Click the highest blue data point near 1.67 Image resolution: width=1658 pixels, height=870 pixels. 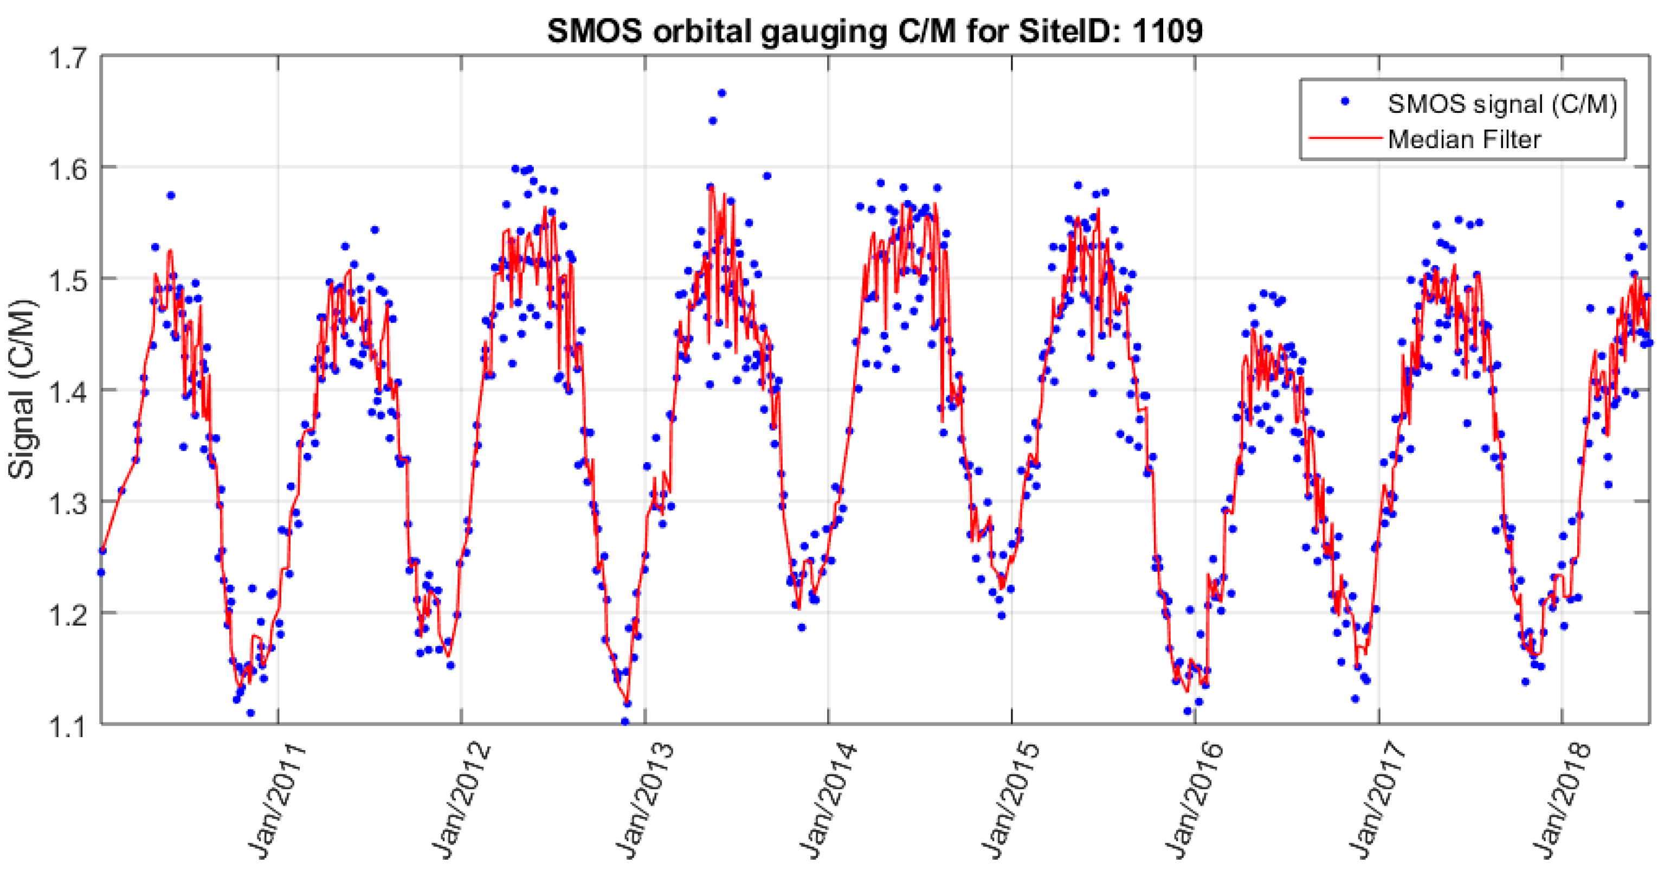(721, 93)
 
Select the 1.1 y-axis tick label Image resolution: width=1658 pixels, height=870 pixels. (68, 725)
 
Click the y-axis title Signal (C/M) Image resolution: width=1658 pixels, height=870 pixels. (21, 389)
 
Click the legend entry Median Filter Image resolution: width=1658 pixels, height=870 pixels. (1465, 139)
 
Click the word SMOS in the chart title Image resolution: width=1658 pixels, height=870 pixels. (594, 30)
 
